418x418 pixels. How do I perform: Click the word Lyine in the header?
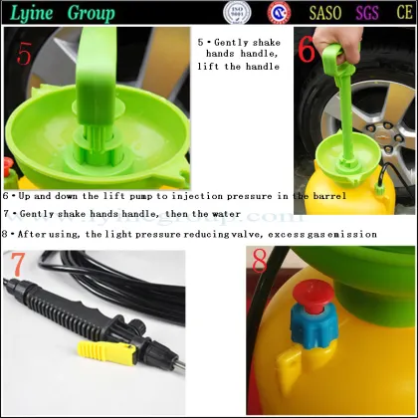(31, 14)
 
